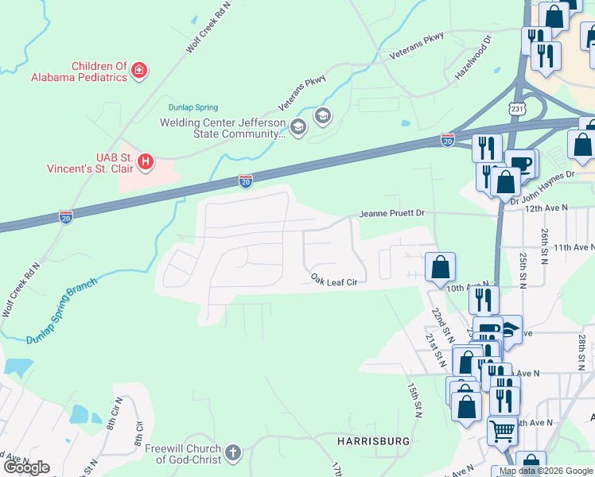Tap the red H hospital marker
click(x=146, y=162)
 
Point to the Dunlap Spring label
click(x=192, y=107)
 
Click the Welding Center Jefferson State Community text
click(x=222, y=128)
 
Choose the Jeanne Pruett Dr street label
click(x=392, y=214)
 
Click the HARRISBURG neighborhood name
click(x=373, y=440)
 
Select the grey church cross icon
click(x=232, y=453)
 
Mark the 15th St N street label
click(x=414, y=398)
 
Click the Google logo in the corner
click(x=26, y=467)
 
